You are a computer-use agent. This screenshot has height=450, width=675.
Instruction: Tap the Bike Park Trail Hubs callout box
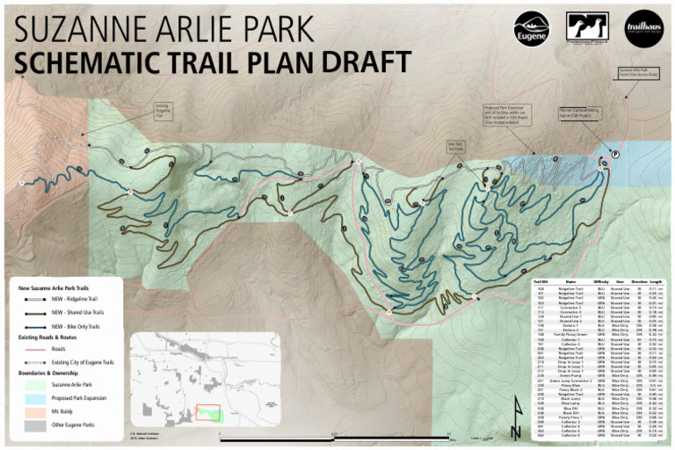coord(456,147)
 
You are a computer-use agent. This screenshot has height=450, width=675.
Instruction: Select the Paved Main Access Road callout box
coord(639,71)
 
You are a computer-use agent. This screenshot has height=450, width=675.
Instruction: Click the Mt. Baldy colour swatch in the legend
coord(35,410)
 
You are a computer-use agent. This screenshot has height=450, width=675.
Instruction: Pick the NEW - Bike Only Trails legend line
coord(35,324)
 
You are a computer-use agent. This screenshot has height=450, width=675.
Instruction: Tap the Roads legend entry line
coord(35,349)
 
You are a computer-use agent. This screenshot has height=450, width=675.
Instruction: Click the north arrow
coord(515,425)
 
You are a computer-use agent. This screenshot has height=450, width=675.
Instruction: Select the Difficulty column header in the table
coord(601,281)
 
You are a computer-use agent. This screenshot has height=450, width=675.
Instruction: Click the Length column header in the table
coord(656,281)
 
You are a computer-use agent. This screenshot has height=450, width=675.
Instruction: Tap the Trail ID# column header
coord(541,281)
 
